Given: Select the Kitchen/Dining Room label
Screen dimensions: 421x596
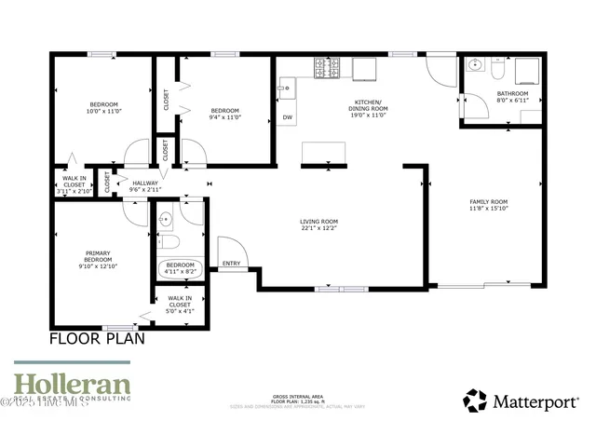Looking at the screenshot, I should coord(369,105).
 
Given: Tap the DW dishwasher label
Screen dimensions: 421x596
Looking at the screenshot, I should coord(287,117).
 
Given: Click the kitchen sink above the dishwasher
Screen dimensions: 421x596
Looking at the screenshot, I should coord(287,89).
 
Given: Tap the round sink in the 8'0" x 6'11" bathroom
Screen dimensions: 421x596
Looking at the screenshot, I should coord(475,66).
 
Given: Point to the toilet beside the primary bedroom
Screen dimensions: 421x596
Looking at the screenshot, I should coord(168,242).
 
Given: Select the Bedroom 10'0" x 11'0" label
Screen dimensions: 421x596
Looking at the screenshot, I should coord(103,107).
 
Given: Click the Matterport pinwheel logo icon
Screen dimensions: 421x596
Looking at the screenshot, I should coord(475,401).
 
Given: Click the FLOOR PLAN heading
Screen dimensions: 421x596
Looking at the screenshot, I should coord(97,339).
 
